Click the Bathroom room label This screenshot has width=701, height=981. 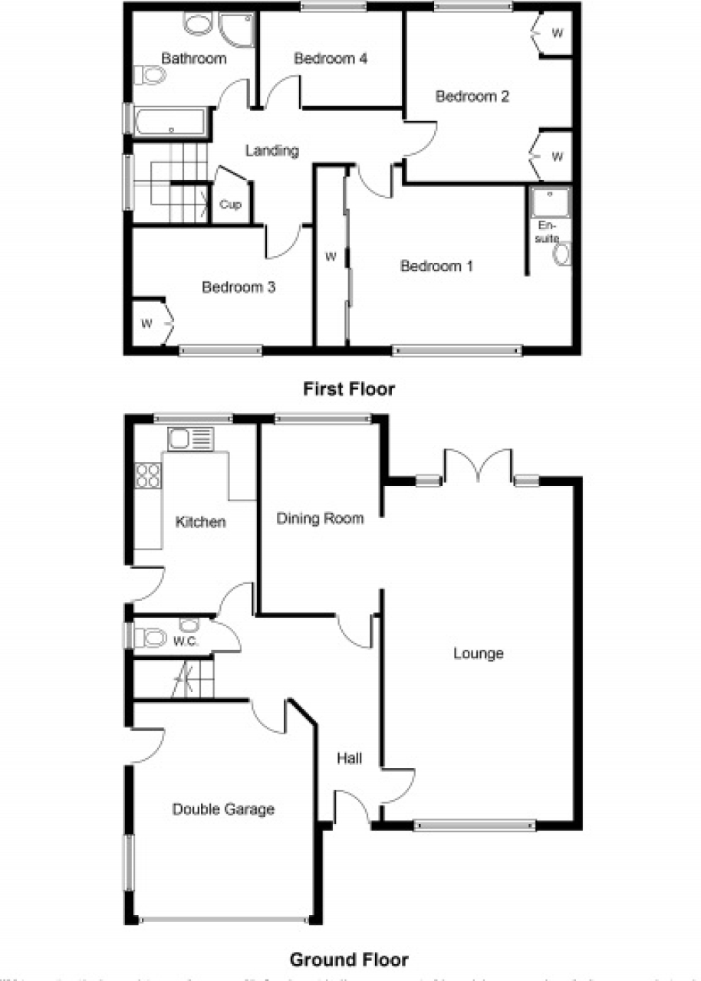[193, 58]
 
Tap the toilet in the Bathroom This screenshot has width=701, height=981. [150, 75]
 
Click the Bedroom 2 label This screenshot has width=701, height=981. [472, 97]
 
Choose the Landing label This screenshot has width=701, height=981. [272, 151]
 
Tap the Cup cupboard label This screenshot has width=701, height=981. [230, 205]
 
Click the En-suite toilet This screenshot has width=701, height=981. [562, 254]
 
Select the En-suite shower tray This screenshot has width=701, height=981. [550, 202]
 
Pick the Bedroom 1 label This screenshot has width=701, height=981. [436, 266]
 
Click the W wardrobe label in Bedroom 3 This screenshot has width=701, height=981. [146, 323]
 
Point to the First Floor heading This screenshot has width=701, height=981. [349, 389]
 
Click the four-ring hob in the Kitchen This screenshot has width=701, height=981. [147, 477]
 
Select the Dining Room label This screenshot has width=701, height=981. [320, 519]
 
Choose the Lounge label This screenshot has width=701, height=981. [478, 654]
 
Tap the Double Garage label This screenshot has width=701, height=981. [223, 809]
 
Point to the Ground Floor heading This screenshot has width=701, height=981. [349, 959]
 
